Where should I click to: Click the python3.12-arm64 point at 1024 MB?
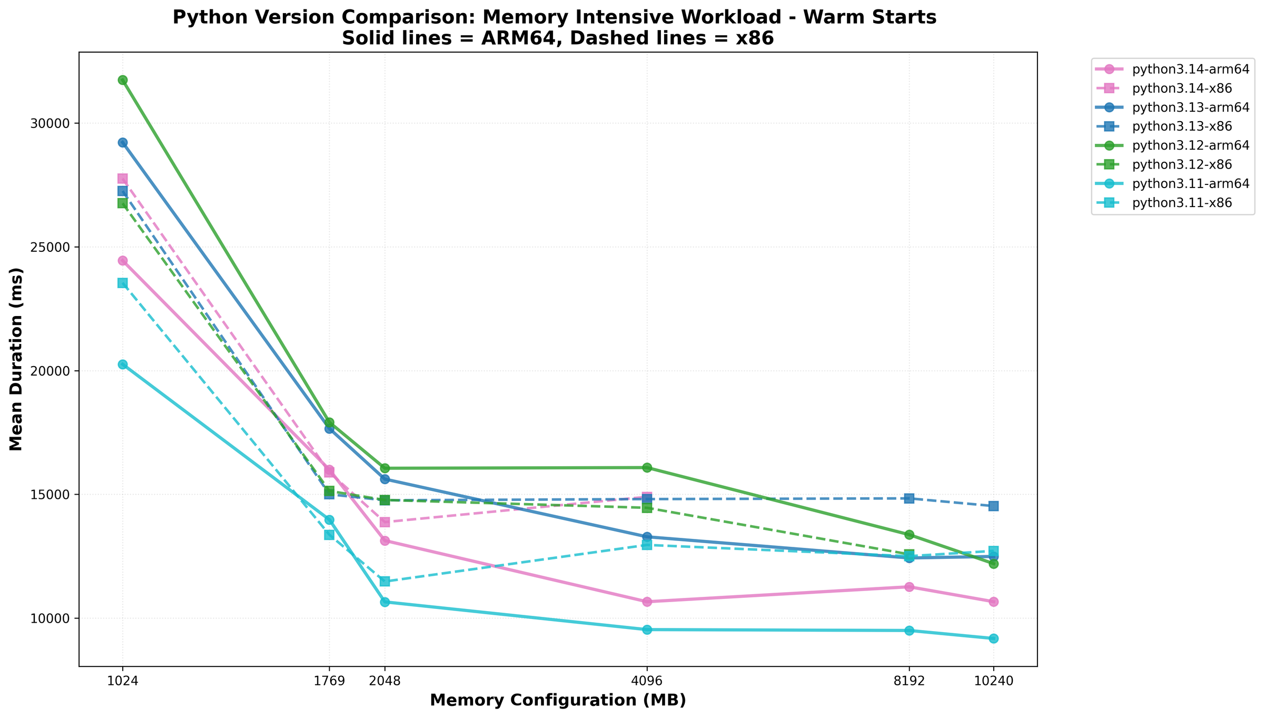122,80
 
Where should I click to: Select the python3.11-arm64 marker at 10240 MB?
993,638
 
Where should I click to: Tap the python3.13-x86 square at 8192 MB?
909,498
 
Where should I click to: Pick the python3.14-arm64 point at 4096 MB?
647,602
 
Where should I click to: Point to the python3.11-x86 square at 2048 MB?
384,581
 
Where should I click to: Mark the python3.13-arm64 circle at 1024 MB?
122,143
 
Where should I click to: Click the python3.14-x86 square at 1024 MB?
122,179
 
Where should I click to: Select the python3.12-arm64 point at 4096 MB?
647,467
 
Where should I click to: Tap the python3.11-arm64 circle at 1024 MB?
122,365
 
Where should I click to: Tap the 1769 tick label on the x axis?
329,681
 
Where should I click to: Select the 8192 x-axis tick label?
909,681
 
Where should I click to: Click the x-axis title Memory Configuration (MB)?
558,700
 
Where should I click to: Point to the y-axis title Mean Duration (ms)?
17,359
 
